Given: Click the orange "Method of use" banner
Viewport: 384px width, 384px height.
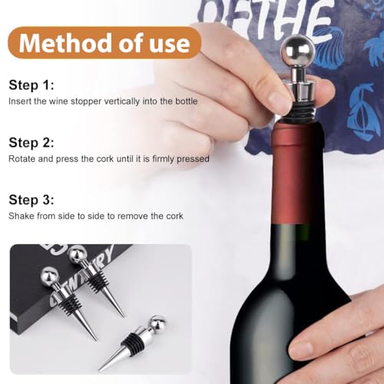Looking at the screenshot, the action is [x=104, y=43].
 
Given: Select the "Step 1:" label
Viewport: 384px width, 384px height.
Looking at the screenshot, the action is [x=31, y=85].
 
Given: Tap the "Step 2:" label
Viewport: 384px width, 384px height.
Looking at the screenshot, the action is [x=31, y=142].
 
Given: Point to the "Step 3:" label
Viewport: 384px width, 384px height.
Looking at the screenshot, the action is [x=31, y=200].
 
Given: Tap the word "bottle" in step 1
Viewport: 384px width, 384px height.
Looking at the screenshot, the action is [x=187, y=101].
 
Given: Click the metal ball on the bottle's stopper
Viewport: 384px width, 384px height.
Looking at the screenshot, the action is [x=297, y=51].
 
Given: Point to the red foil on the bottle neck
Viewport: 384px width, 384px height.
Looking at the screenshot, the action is [x=297, y=174].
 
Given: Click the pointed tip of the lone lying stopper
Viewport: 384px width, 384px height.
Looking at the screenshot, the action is [x=100, y=369].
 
